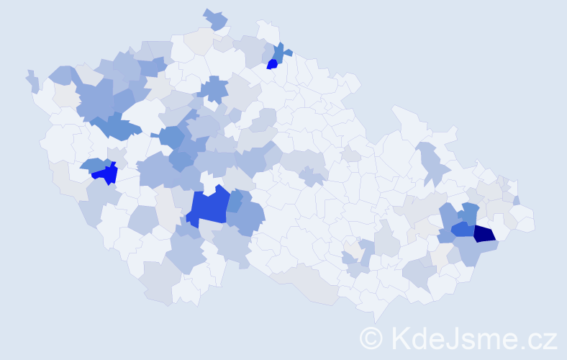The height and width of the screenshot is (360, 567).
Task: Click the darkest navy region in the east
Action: point(484,233)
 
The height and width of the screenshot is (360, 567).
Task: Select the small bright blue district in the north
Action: point(272,64)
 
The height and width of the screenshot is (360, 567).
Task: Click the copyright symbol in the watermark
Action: point(371,338)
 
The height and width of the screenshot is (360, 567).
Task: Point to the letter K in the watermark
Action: point(399,338)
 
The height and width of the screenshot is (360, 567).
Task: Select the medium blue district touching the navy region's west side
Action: point(463,230)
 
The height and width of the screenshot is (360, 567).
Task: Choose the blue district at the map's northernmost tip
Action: point(215,20)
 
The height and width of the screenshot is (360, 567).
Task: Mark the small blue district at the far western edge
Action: point(33,81)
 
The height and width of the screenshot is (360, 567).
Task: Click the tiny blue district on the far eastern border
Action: point(517,200)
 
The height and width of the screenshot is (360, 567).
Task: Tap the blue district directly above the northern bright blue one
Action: point(278,51)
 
